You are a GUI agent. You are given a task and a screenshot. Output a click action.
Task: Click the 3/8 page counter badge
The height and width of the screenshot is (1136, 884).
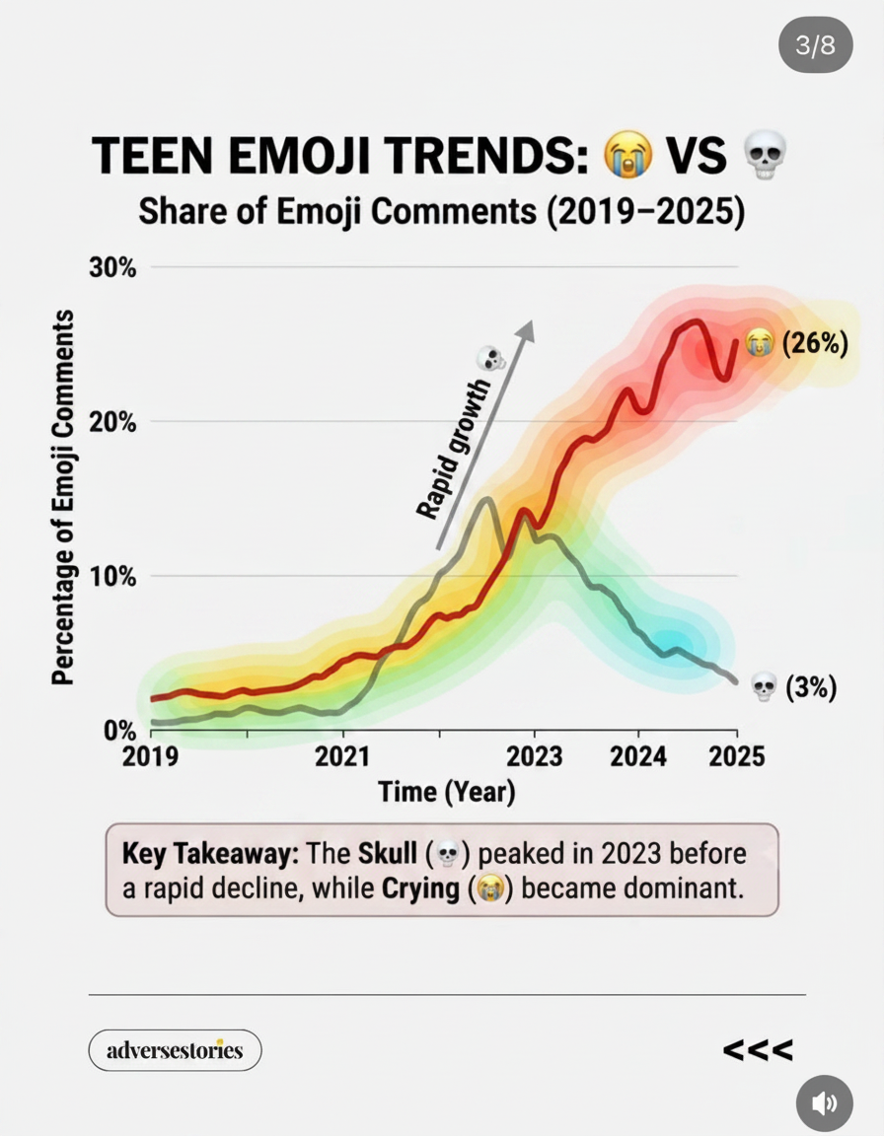click(815, 45)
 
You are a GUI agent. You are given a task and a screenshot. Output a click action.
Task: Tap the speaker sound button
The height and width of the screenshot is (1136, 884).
click(824, 1103)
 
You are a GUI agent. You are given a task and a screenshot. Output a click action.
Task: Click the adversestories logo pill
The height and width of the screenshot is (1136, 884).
click(175, 1050)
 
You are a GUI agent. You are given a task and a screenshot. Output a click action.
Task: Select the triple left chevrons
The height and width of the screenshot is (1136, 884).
click(757, 1049)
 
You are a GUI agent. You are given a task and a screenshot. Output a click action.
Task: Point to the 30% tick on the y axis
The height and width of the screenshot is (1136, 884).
click(112, 267)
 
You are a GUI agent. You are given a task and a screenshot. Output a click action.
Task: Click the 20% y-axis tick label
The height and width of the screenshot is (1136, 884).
click(112, 422)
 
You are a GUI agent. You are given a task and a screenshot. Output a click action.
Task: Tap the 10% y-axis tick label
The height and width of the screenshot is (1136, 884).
click(112, 577)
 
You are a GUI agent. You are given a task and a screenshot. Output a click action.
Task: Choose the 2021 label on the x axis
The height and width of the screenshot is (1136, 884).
click(342, 757)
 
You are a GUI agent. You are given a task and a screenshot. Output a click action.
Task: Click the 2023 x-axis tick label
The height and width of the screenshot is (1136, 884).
click(534, 757)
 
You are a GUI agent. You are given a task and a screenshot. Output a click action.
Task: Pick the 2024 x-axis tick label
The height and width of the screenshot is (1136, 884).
click(637, 757)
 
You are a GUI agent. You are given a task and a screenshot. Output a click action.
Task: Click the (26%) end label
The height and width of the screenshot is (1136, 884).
click(814, 343)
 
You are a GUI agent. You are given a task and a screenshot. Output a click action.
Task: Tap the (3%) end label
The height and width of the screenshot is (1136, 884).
click(812, 686)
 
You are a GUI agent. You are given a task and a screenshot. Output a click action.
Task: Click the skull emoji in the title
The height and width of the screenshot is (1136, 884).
click(766, 154)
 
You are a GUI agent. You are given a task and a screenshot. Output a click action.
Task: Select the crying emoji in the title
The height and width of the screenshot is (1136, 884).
click(628, 154)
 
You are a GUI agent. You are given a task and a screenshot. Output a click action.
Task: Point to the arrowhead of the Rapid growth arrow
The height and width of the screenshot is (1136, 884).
click(526, 329)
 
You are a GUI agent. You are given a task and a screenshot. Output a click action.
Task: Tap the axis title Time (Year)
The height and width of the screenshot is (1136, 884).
click(446, 792)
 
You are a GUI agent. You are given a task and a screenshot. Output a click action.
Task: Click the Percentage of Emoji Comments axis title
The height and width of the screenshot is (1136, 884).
click(63, 497)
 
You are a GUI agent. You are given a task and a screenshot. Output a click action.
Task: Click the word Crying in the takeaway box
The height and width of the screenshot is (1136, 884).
click(420, 888)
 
